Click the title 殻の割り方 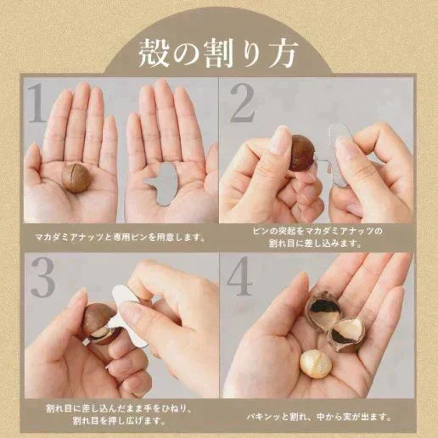[x=218, y=53]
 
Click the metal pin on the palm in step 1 [x=165, y=180]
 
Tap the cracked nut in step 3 [x=98, y=323]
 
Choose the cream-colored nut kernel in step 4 [x=315, y=363]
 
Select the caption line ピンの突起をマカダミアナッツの [x=318, y=231]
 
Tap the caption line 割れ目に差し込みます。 [x=318, y=244]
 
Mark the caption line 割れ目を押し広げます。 [x=120, y=418]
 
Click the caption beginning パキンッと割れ [x=318, y=416]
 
